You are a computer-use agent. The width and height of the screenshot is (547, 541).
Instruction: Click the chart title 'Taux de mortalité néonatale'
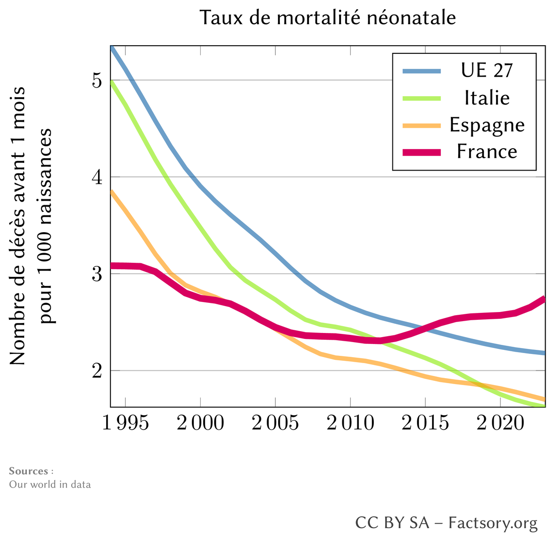point(328,18)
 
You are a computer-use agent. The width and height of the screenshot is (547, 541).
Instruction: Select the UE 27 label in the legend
point(487,70)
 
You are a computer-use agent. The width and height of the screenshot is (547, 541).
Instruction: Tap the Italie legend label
point(487,97)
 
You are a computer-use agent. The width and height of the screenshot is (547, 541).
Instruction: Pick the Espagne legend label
point(487,125)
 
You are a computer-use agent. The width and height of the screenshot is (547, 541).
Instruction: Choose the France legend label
point(487,151)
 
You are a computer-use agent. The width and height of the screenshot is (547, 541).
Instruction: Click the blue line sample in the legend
point(422,71)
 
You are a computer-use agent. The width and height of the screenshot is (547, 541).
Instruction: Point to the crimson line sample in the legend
point(422,152)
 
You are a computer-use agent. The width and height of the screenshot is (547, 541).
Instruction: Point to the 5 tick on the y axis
point(96,81)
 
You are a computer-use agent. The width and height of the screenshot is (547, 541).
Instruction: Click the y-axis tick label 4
point(96,177)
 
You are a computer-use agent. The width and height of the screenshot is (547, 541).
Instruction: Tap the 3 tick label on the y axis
point(96,274)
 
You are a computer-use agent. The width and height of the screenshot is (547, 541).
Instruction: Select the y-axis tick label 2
point(96,371)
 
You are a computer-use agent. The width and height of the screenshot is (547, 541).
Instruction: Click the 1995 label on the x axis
point(125,423)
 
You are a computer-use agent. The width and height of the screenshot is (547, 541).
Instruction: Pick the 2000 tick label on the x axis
point(200,423)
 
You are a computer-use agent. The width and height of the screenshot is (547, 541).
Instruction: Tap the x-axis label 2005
point(275,423)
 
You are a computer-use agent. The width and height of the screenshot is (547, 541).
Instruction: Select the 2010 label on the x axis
point(350,423)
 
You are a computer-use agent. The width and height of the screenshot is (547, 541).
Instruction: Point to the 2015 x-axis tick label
point(425,423)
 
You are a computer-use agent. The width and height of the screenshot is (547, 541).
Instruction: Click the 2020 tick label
point(500,423)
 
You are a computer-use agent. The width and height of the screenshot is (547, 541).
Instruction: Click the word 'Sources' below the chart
point(28,471)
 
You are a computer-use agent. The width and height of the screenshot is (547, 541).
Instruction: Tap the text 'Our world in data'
point(50,484)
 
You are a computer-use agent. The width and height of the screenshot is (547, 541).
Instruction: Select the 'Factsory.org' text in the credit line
point(493,523)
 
